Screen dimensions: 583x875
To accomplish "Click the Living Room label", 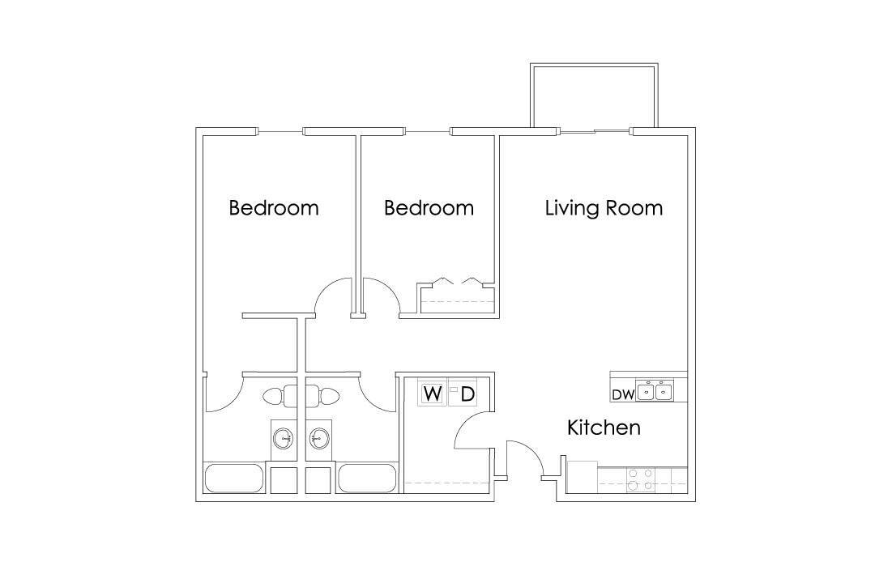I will point(604,208).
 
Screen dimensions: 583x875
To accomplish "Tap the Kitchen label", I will point(604,428).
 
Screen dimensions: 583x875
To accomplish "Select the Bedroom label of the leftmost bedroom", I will point(274,208).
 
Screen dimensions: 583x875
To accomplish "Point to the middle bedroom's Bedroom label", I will point(429,208).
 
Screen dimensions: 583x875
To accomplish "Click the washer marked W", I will point(433,394).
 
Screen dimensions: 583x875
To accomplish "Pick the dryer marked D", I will point(467,394).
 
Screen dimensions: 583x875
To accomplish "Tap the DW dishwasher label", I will point(622,395).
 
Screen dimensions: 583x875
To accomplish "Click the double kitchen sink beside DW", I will point(655,392).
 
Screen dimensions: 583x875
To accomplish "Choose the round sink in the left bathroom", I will point(283,439).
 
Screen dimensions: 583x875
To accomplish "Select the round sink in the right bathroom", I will point(319,439).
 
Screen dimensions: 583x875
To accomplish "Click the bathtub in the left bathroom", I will point(234,478).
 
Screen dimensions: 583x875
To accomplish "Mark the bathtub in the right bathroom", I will point(367,478).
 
